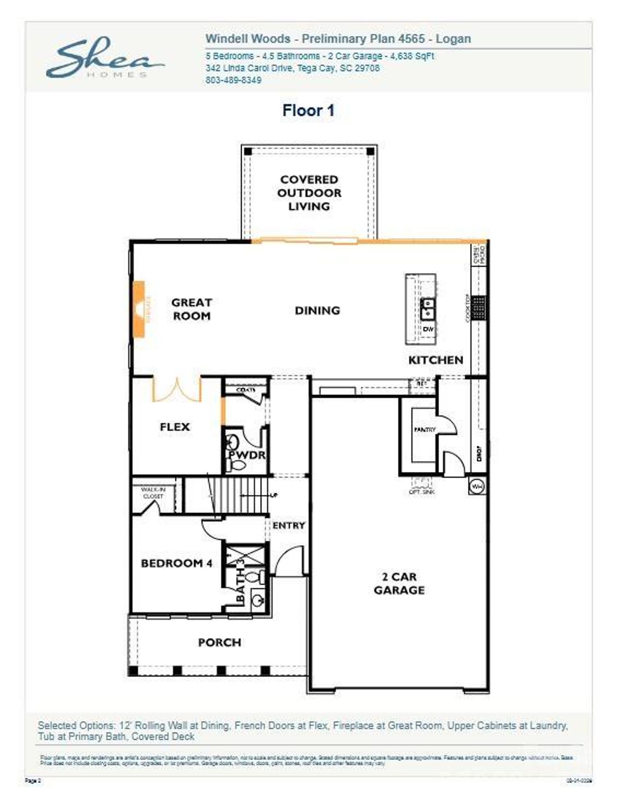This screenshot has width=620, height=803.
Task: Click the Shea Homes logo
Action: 104,59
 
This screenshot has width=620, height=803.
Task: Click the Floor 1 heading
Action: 309,110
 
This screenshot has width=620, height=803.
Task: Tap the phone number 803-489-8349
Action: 233,80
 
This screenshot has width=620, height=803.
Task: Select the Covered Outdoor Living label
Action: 309,193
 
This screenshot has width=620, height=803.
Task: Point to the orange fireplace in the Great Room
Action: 139,309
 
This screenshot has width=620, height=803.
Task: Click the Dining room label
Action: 317,310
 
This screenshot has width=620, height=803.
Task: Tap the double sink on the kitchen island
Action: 427,309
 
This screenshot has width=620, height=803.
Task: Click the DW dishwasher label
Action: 427,329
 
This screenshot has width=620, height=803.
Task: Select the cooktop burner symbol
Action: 478,307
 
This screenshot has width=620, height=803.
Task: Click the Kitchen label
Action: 435,360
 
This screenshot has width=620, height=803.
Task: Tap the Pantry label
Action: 425,429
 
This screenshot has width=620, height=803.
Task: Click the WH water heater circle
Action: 477,486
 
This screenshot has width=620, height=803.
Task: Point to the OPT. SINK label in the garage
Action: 422,491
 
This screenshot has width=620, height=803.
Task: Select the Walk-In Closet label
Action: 153,493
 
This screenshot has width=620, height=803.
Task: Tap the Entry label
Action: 289,525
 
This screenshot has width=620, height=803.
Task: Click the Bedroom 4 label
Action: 176,563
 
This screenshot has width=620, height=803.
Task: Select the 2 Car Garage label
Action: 399,583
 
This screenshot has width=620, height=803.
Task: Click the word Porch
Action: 219,642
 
